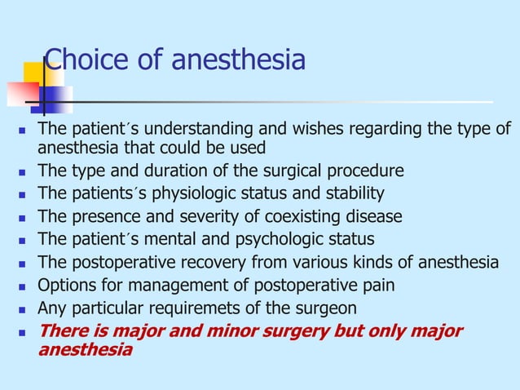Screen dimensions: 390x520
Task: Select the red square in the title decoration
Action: click(21, 94)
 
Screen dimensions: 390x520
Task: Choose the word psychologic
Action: click(282, 240)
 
